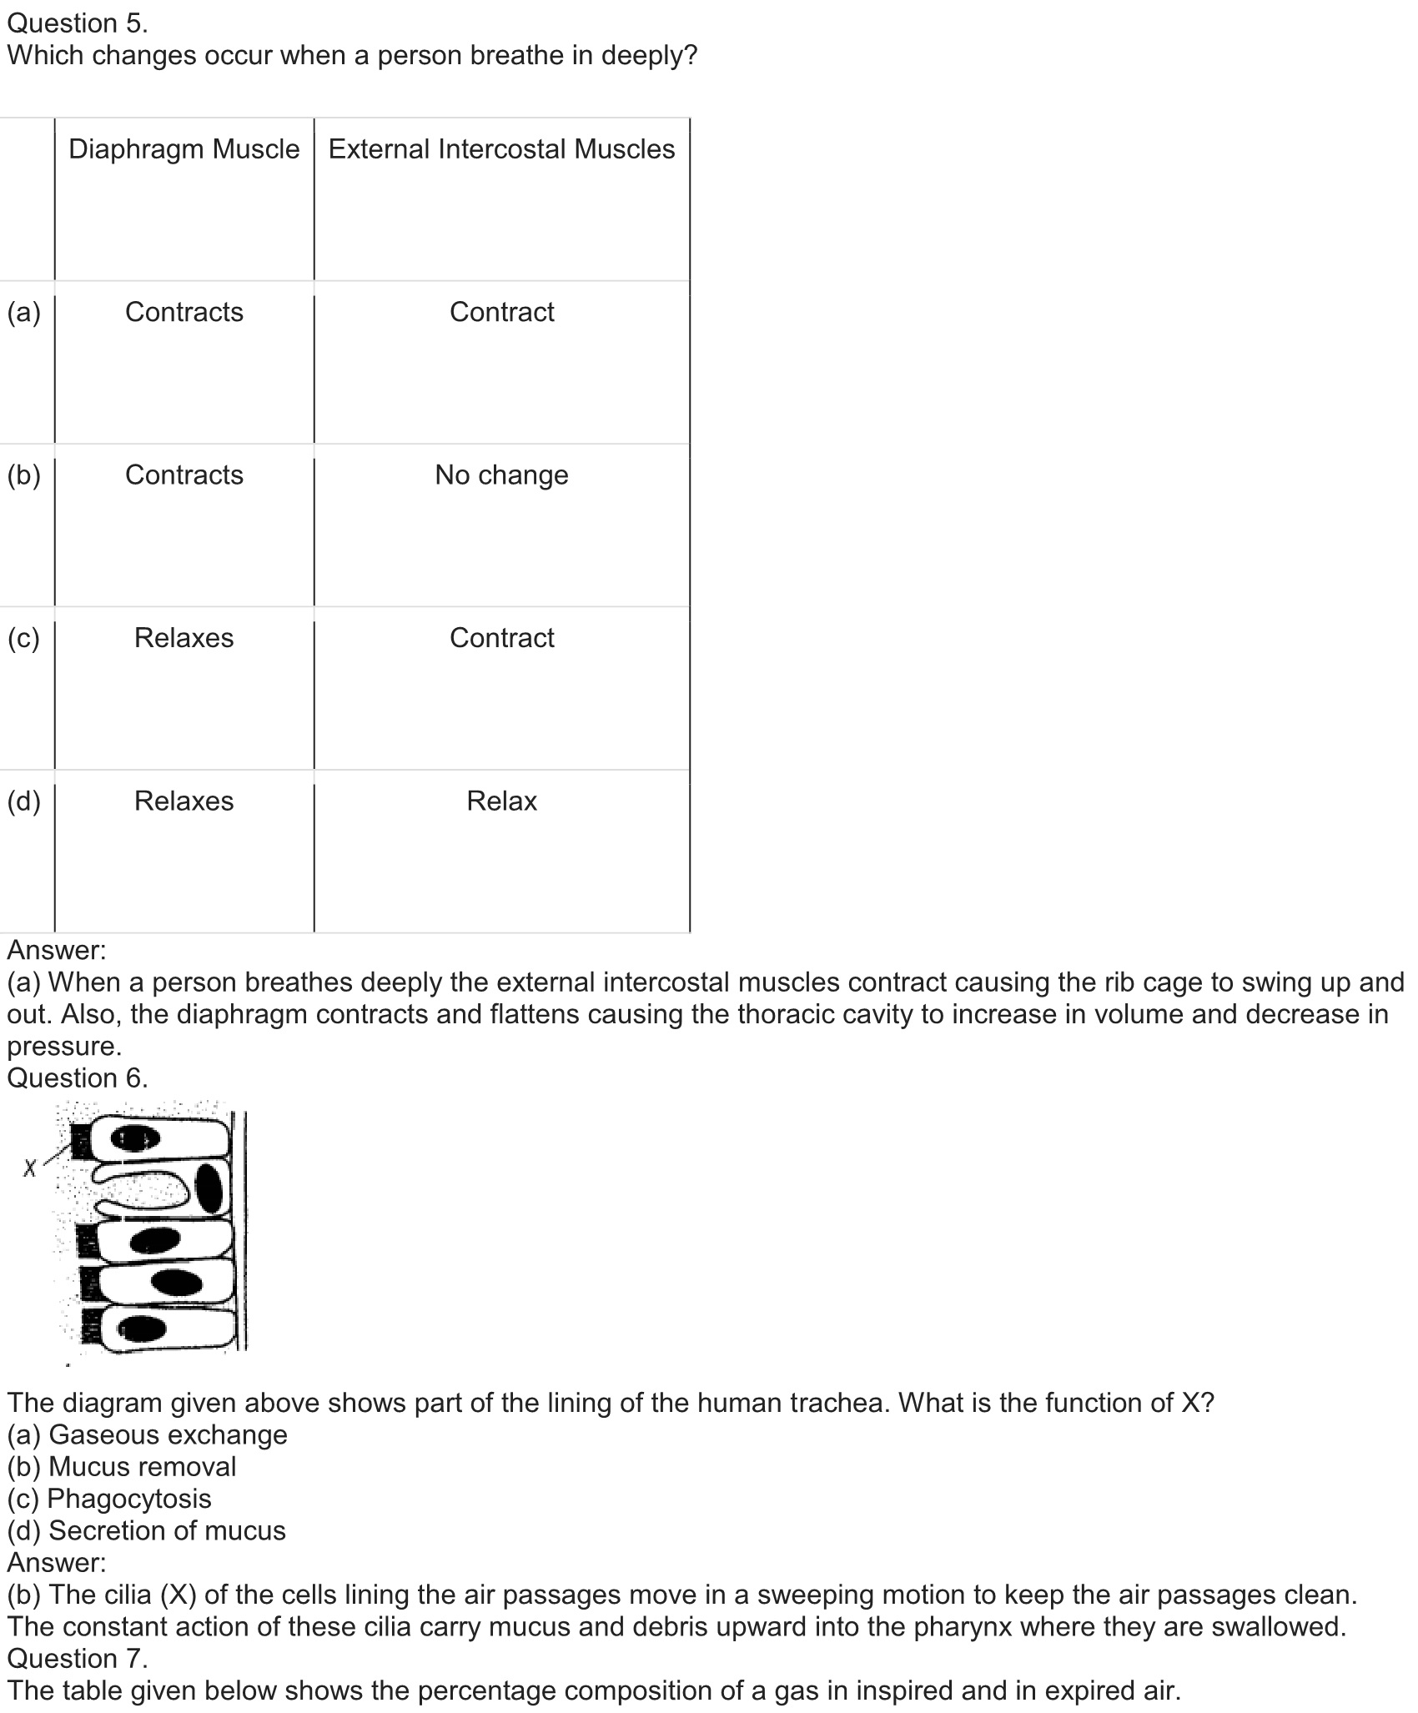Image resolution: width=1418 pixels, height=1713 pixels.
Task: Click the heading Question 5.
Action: pyautogui.click(x=77, y=23)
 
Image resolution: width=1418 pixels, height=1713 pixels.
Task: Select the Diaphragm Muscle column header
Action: pyautogui.click(x=184, y=149)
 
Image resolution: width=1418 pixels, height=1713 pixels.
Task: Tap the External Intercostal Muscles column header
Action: pyautogui.click(x=501, y=149)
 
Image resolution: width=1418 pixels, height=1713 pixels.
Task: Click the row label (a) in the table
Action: pyautogui.click(x=23, y=312)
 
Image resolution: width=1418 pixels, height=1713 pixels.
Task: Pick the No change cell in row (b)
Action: pyautogui.click(x=501, y=475)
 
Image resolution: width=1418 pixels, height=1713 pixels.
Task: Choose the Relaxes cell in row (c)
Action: pyautogui.click(x=184, y=638)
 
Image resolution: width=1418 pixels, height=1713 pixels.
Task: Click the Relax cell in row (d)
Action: pyautogui.click(x=501, y=801)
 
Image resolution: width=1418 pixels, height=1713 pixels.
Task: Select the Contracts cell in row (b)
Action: pyautogui.click(x=184, y=475)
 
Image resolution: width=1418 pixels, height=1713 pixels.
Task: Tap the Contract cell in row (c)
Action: pyautogui.click(x=501, y=638)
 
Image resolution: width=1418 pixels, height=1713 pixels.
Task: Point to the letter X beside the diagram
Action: pyautogui.click(x=30, y=1168)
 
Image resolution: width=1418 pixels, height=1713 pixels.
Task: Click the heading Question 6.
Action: pyautogui.click(x=77, y=1078)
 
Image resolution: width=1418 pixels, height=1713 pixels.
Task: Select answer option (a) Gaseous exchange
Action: pyautogui.click(x=147, y=1434)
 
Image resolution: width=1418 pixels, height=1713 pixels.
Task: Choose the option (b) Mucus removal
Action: pyautogui.click(x=122, y=1466)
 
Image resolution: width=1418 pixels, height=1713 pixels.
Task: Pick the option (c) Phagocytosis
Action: pyautogui.click(x=109, y=1499)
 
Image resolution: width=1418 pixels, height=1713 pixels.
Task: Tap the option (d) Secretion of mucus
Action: pyautogui.click(x=146, y=1530)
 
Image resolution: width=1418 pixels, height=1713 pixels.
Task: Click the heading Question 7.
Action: pyautogui.click(x=77, y=1658)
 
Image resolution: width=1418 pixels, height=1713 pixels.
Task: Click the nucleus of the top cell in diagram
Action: pyautogui.click(x=136, y=1138)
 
